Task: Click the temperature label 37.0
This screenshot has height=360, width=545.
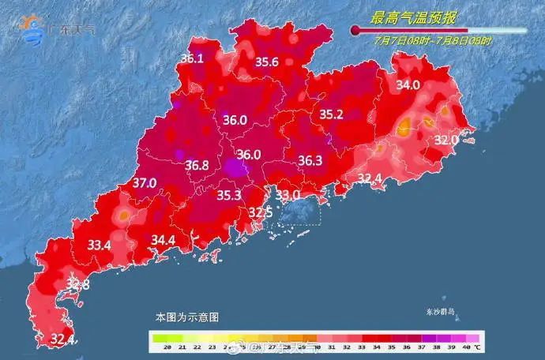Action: click(x=144, y=183)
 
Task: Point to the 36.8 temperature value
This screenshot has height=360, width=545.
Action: click(x=197, y=166)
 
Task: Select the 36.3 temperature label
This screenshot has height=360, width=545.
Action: click(x=310, y=161)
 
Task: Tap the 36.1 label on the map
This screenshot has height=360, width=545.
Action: click(x=192, y=58)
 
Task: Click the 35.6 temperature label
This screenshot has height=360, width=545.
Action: click(x=267, y=62)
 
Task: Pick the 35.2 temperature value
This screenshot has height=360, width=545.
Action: click(x=331, y=114)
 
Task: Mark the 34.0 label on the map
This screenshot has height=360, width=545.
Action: click(x=408, y=85)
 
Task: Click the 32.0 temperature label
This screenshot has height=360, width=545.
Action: click(x=446, y=140)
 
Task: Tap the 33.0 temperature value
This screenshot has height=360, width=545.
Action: click(x=288, y=194)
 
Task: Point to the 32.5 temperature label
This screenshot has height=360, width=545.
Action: click(x=261, y=212)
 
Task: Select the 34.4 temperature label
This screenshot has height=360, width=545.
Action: click(x=163, y=239)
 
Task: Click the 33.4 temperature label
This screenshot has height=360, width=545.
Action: click(x=99, y=246)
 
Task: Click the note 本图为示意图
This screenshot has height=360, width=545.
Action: click(x=186, y=317)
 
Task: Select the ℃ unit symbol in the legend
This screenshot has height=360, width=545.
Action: click(x=478, y=347)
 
